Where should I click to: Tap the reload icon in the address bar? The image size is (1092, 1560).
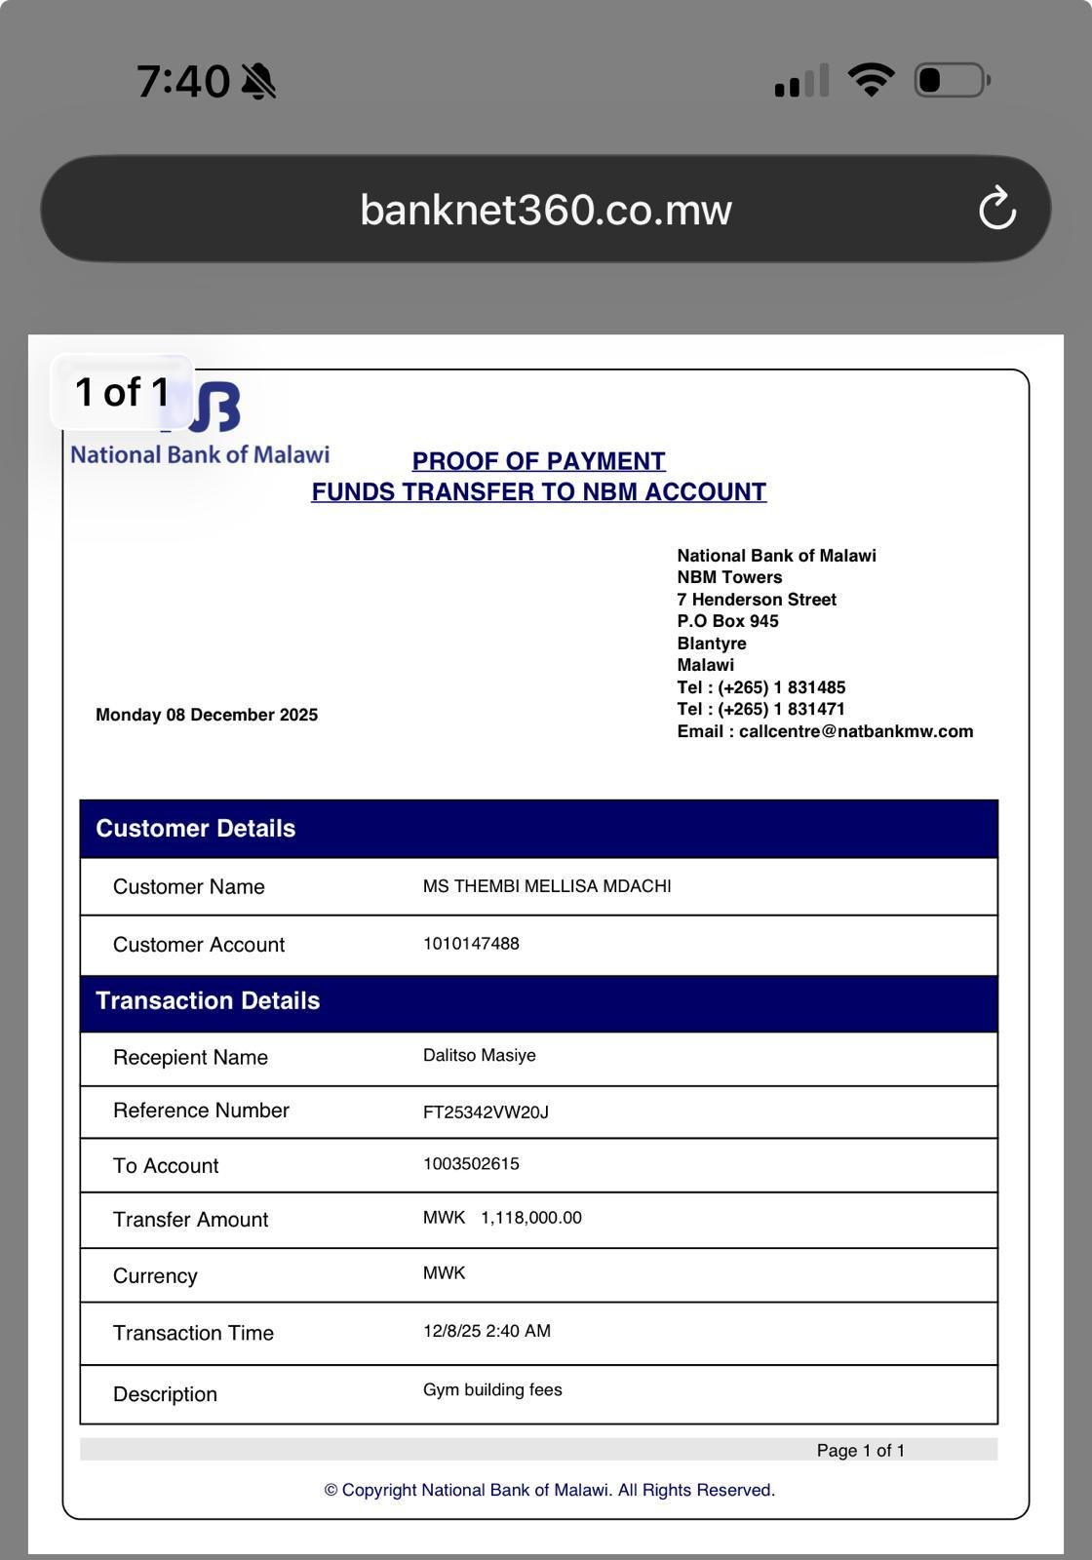(996, 209)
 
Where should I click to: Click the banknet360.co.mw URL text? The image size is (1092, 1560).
(545, 210)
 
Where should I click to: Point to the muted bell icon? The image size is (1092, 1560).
(258, 81)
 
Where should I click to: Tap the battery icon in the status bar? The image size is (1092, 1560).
(952, 80)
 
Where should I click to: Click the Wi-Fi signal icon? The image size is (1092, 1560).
(871, 80)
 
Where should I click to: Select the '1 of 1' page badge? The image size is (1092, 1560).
(123, 392)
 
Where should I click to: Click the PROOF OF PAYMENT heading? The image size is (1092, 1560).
(538, 461)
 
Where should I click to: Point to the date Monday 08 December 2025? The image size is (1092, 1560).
(207, 715)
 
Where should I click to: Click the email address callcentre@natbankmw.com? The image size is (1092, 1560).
(855, 731)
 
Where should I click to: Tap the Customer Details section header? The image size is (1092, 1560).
(195, 829)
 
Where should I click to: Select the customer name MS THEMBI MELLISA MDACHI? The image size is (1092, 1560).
(547, 886)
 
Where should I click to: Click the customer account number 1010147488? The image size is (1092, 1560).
(471, 944)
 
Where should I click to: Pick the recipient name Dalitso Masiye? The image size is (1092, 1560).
(480, 1056)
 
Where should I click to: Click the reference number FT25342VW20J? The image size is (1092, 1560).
(486, 1112)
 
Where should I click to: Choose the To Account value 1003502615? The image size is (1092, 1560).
(471, 1164)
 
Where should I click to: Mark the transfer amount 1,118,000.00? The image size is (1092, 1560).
(530, 1218)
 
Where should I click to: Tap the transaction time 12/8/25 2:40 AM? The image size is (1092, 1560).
(487, 1331)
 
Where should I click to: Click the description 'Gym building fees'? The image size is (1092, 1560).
(492, 1390)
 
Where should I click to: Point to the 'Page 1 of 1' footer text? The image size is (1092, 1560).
(860, 1451)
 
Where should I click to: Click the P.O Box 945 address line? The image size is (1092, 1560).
(727, 621)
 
